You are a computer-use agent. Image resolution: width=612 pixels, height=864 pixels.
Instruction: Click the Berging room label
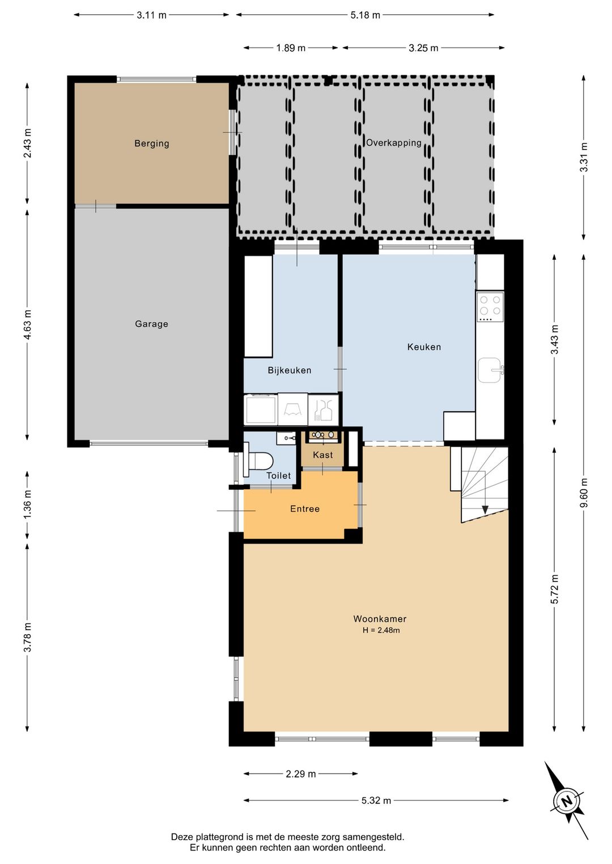[152, 143]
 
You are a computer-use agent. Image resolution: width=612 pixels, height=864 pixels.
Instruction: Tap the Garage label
[151, 324]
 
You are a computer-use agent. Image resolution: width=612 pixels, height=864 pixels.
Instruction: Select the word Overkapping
[393, 143]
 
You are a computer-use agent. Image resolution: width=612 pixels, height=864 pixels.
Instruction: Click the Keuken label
[424, 347]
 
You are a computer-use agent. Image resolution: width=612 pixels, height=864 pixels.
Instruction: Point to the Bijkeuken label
[290, 370]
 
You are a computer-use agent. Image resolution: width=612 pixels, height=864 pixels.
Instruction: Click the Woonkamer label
[380, 619]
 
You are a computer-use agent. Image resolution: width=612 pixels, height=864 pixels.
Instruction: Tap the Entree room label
[305, 509]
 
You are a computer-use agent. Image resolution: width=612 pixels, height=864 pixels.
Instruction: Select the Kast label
[323, 455]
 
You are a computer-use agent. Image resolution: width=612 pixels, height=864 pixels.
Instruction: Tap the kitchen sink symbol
[490, 370]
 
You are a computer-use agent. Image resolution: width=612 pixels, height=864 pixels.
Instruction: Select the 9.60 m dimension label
[584, 493]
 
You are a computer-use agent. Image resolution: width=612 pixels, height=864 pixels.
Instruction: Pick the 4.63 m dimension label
[27, 324]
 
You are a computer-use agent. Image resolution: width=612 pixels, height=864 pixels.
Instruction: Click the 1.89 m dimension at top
[291, 48]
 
